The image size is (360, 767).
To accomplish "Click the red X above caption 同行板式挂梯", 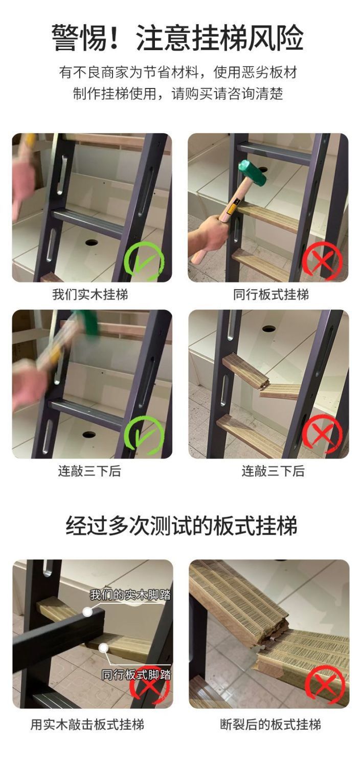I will tap(321, 260).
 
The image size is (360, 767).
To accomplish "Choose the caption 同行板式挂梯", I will tap(271, 295).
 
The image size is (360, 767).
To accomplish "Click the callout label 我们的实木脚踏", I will tap(130, 595).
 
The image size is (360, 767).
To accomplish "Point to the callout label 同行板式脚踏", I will tap(136, 674).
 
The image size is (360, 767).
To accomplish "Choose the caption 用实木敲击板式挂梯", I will tap(87, 725).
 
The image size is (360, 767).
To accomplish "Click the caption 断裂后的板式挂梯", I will tap(271, 725).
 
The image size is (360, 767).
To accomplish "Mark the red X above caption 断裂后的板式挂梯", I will tap(325, 685).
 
